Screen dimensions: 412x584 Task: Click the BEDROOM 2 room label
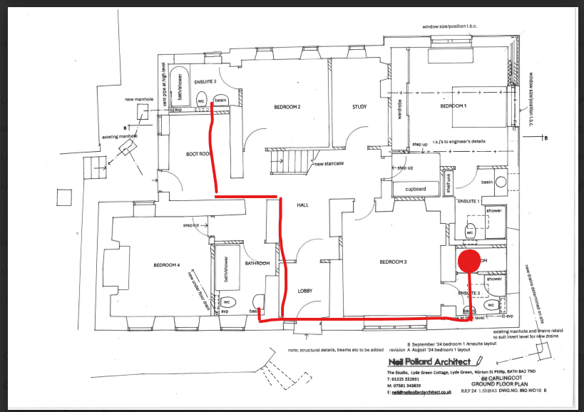287,107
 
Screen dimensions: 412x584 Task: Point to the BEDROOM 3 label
393,262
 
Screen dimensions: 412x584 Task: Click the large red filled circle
468,261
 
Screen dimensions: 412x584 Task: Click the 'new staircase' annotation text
329,163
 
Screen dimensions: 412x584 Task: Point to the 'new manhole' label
138,99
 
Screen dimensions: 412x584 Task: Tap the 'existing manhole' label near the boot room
118,135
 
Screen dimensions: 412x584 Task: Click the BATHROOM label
257,264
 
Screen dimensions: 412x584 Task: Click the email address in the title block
421,392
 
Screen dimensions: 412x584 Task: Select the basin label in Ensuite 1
487,182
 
